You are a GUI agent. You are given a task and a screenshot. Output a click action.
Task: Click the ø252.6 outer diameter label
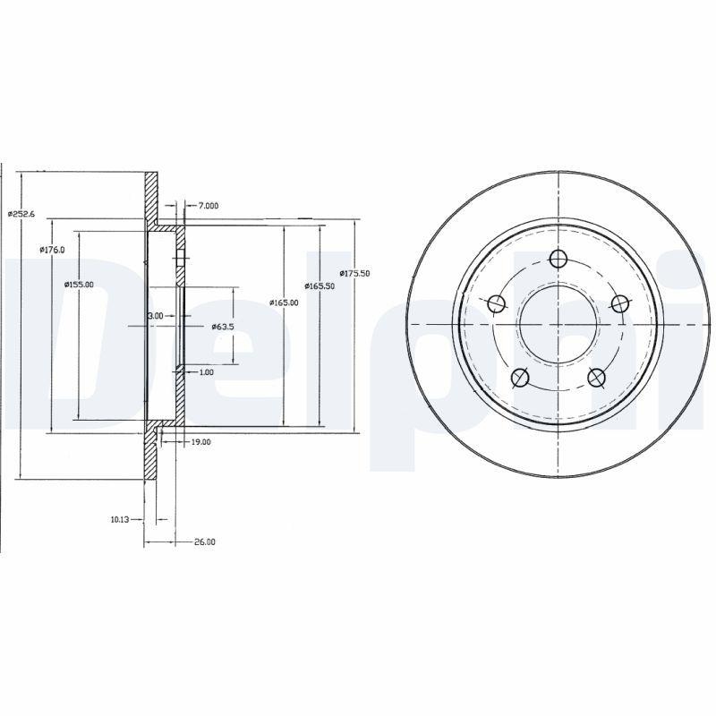click(x=21, y=213)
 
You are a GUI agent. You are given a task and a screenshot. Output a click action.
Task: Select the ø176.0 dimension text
click(x=52, y=250)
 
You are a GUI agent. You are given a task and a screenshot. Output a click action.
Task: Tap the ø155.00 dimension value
click(x=79, y=285)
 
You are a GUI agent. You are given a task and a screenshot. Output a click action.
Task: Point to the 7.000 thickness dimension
click(x=208, y=206)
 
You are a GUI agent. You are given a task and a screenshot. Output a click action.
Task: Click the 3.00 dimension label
click(x=155, y=316)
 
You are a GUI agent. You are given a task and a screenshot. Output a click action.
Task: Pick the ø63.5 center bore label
click(x=223, y=327)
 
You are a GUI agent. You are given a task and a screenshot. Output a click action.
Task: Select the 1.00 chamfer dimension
click(x=206, y=371)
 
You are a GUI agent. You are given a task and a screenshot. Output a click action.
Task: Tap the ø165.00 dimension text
click(x=284, y=303)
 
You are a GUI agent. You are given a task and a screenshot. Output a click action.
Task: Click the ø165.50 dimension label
click(x=320, y=286)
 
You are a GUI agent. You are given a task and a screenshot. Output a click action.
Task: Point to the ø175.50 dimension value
click(x=354, y=273)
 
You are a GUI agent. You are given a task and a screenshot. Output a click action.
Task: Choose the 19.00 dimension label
click(x=200, y=441)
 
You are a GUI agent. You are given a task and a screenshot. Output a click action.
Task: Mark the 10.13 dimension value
click(x=121, y=518)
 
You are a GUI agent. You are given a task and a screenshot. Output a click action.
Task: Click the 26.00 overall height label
click(x=205, y=541)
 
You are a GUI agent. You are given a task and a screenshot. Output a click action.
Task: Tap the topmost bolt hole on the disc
click(x=558, y=259)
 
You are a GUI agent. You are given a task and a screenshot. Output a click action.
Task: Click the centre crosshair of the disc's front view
click(x=558, y=323)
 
